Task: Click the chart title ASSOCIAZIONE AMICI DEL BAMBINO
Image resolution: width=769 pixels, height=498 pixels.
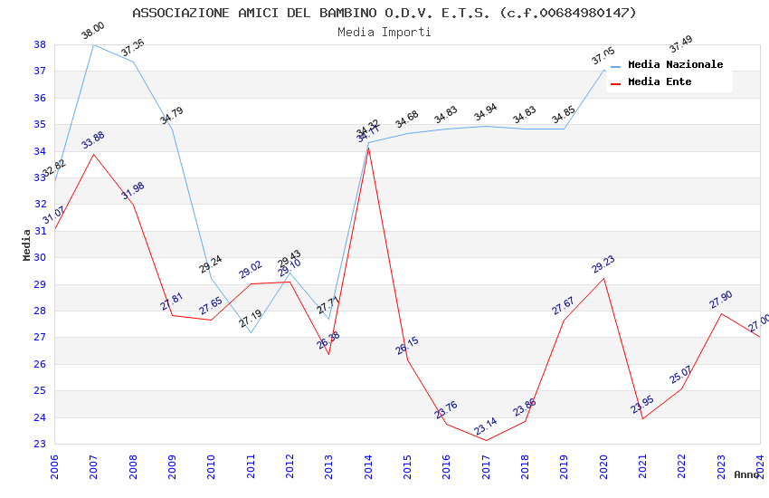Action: [384, 13]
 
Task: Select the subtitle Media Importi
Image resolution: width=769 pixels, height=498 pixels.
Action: [384, 32]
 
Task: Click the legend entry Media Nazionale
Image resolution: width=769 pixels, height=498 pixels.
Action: [675, 64]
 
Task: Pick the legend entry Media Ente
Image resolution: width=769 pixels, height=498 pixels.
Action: [660, 81]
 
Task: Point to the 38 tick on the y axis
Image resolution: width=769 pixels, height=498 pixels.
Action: [40, 44]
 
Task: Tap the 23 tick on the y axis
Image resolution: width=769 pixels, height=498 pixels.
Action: [40, 445]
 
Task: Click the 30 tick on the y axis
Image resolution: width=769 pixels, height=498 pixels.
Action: [40, 258]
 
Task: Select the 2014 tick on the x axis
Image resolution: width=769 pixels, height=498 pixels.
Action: [368, 467]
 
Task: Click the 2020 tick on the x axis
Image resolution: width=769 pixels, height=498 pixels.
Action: [603, 467]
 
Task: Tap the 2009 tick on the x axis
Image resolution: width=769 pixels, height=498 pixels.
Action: [172, 467]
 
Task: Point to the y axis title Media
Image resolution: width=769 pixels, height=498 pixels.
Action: [27, 244]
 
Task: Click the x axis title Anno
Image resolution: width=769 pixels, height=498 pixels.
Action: [746, 474]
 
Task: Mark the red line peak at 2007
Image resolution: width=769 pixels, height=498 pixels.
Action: [94, 154]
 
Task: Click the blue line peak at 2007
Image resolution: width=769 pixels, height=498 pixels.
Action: [94, 44]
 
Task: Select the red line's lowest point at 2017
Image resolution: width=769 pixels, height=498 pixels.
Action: [486, 441]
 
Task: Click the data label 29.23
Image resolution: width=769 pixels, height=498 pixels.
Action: [603, 264]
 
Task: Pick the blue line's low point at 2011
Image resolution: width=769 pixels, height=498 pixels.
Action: [251, 332]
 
